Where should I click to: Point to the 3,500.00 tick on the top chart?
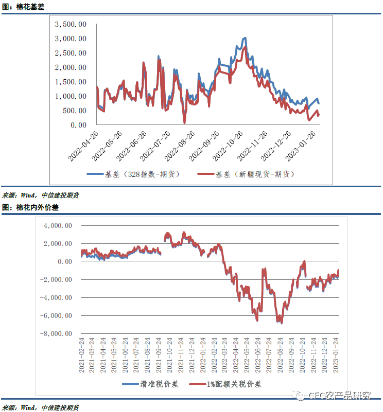(x=71, y=24)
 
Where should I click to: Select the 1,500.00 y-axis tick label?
(x=71, y=82)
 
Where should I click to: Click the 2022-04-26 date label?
(x=84, y=142)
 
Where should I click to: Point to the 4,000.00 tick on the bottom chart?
(x=58, y=226)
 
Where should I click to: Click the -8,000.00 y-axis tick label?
(x=57, y=334)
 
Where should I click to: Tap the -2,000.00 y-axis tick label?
(x=57, y=280)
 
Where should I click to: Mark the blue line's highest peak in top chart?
(x=245, y=38)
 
